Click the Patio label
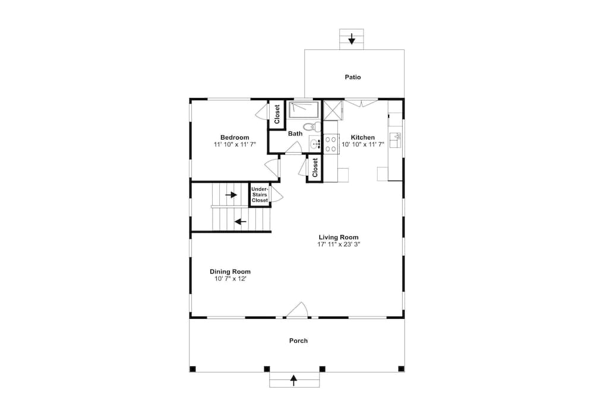[x=353, y=77]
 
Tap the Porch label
[x=299, y=341]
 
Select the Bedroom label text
[x=235, y=137]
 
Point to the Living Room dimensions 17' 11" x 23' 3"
[x=339, y=244]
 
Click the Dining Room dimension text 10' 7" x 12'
[x=230, y=278]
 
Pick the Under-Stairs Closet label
[x=260, y=195]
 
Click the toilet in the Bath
[x=312, y=126]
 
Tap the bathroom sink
[x=315, y=144]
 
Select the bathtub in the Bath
[x=305, y=110]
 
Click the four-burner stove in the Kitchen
[x=331, y=144]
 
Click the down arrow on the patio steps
[x=352, y=39]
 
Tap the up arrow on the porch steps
[x=293, y=380]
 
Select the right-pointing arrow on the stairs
[x=231, y=195]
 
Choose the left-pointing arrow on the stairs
[x=241, y=221]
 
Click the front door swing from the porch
[x=297, y=310]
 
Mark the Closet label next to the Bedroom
[x=277, y=114]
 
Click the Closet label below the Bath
[x=315, y=167]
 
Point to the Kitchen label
[x=363, y=137]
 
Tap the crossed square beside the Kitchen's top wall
[x=333, y=110]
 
